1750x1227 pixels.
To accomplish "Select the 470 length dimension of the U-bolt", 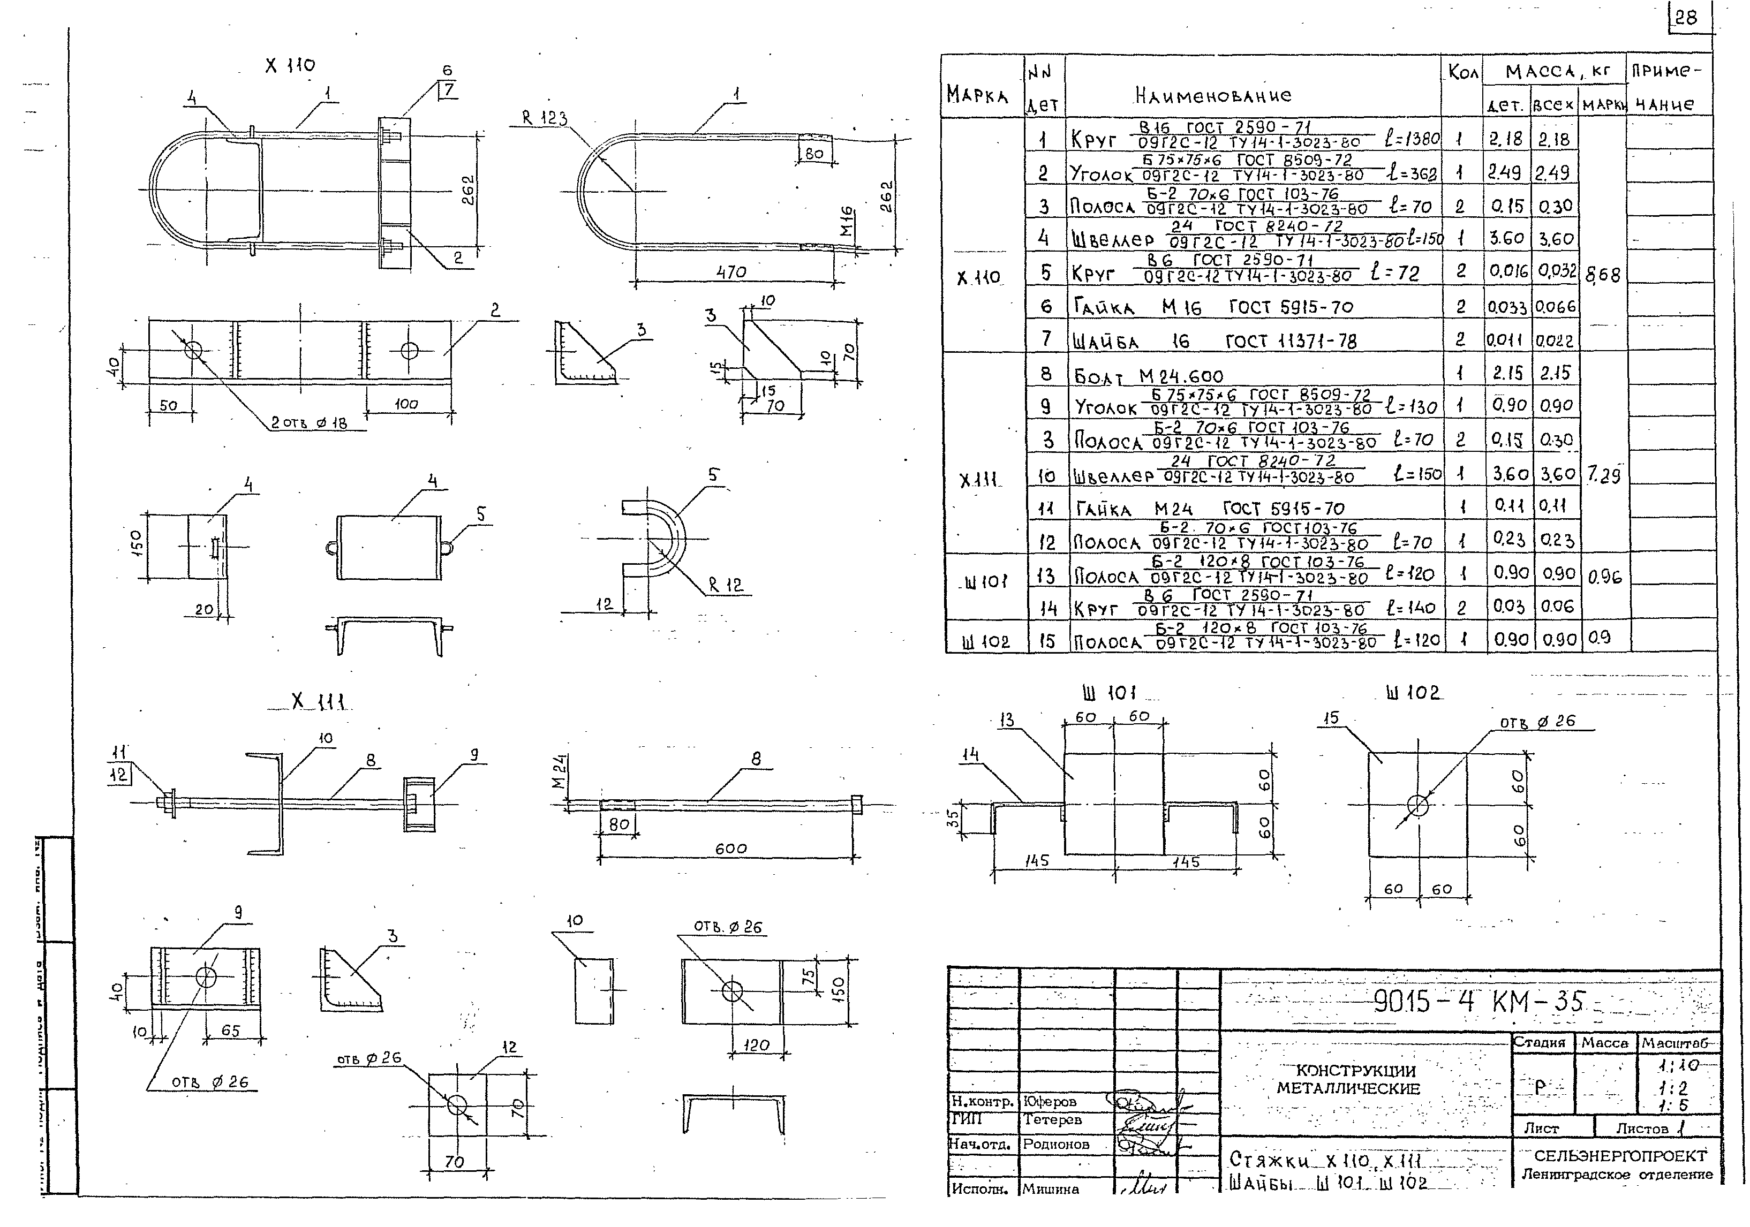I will (x=731, y=272).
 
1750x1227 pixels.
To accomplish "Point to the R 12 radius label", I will (x=725, y=585).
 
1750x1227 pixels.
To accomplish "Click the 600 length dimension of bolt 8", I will (x=730, y=848).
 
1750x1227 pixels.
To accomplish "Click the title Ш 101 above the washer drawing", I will (x=1109, y=693).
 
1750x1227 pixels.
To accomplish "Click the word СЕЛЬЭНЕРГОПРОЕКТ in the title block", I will (x=1620, y=1156).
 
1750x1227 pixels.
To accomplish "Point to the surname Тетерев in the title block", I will (x=1053, y=1119).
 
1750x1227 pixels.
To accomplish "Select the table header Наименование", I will (x=1213, y=96).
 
